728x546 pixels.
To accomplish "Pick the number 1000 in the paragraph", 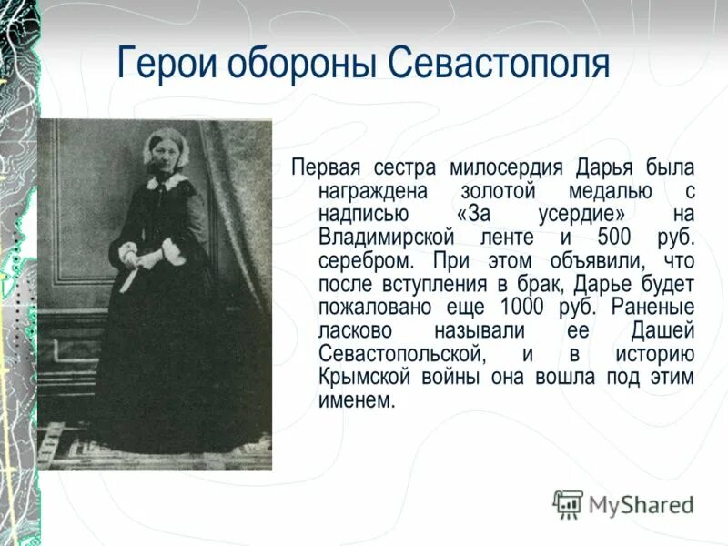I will coord(571,307).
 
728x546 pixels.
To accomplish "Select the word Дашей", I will coord(662,330).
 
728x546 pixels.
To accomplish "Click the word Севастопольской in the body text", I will coord(399,354).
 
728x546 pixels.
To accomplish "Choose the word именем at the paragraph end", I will coord(357,400).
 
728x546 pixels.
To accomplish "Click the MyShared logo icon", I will coord(568,503).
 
